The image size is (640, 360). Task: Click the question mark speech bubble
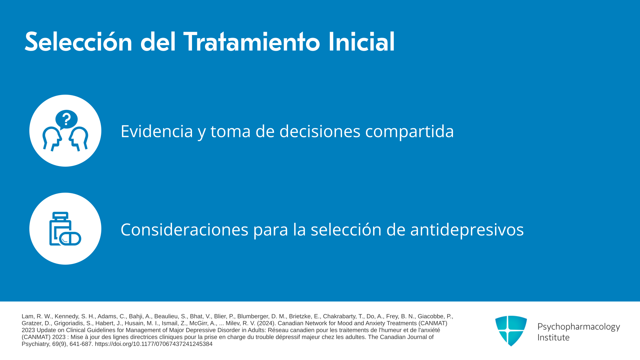[66, 119]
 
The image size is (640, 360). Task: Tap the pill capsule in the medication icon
[70, 239]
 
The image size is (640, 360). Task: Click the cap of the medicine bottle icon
[60, 216]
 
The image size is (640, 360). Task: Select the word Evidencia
[157, 131]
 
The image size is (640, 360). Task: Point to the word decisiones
[320, 131]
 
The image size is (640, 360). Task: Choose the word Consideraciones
[184, 230]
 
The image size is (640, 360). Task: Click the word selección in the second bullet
[346, 229]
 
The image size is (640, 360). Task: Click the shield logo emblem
[511, 331]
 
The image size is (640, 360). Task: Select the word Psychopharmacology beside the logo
[579, 327]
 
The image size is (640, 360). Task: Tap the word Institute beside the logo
[553, 337]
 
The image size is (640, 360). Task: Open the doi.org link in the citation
[154, 344]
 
